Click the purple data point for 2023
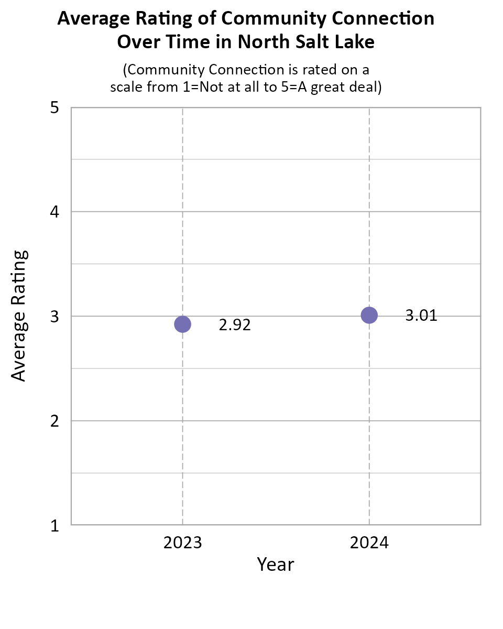pyautogui.click(x=182, y=324)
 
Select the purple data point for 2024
pyautogui.click(x=369, y=315)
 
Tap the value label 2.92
pyautogui.click(x=235, y=325)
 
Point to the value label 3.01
pyautogui.click(x=421, y=316)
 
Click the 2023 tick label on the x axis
pyautogui.click(x=182, y=543)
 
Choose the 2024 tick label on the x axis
pyautogui.click(x=369, y=543)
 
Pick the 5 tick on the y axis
pyautogui.click(x=54, y=109)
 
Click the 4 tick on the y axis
pyautogui.click(x=54, y=212)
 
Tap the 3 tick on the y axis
pyautogui.click(x=54, y=317)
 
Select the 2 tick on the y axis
pyautogui.click(x=54, y=421)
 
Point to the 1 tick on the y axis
pyautogui.click(x=54, y=525)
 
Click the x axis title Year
pyautogui.click(x=276, y=565)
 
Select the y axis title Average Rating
pyautogui.click(x=19, y=316)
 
